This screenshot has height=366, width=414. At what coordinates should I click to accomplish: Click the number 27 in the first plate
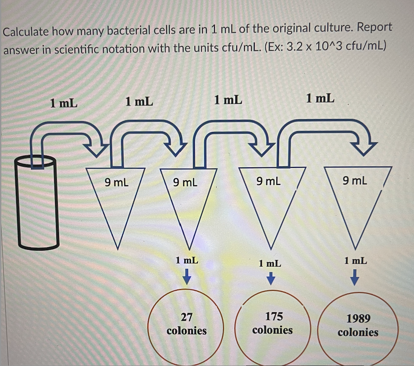[186, 317]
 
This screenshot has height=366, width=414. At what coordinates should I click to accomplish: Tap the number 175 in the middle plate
[273, 316]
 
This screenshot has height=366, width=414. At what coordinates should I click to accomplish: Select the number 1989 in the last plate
[358, 319]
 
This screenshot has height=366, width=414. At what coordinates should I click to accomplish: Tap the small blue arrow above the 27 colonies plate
[187, 278]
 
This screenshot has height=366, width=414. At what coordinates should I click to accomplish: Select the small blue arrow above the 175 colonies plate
[270, 279]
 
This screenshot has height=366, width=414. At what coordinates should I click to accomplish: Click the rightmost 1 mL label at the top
[320, 99]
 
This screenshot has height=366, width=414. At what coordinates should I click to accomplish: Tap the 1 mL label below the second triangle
[187, 260]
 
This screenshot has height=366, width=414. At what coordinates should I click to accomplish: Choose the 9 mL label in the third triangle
[269, 182]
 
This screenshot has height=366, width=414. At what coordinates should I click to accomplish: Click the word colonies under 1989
[358, 332]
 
